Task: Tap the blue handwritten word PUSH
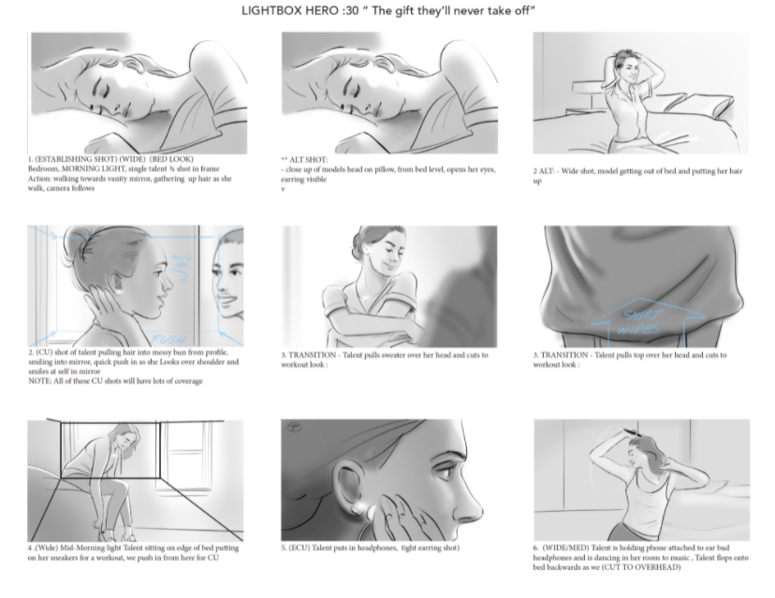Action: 169,340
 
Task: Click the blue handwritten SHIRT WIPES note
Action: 641,322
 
